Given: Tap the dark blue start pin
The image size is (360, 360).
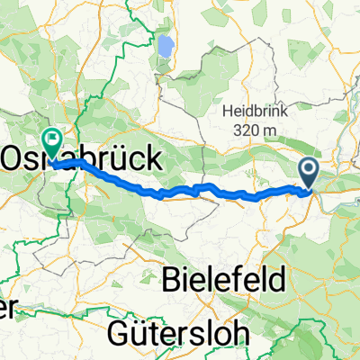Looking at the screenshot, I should coord(310,174).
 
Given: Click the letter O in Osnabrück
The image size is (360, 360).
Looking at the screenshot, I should coord(15,160).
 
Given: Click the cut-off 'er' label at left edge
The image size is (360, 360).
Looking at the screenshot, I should coord(6,308).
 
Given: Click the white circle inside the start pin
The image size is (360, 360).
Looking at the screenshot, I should coord(310,169).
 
